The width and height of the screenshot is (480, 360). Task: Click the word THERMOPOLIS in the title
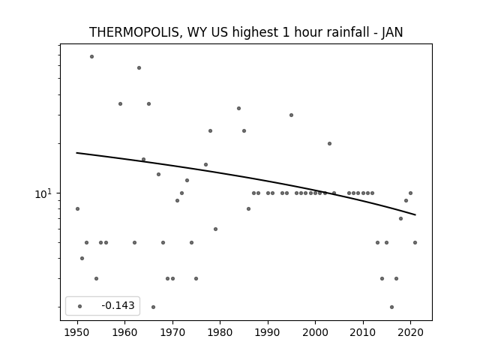134,32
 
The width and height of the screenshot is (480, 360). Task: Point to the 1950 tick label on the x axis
77,332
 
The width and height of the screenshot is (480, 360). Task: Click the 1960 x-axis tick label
125,332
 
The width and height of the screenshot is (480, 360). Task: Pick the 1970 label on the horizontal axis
172,332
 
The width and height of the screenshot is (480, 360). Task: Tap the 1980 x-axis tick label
220,332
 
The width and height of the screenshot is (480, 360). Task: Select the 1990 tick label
268,332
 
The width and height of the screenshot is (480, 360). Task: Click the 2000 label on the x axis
316,332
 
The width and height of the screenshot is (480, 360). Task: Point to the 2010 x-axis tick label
363,332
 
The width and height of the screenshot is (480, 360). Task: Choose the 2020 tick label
411,332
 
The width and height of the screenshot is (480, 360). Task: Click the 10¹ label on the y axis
43,193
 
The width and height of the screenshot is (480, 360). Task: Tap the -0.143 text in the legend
118,305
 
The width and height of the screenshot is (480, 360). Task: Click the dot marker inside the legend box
80,306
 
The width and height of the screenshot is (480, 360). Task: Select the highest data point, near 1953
91,57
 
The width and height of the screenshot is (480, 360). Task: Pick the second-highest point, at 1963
139,68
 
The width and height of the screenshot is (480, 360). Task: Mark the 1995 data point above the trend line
292,115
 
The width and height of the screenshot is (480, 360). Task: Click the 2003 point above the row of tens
330,143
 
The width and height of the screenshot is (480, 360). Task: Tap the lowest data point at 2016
391,307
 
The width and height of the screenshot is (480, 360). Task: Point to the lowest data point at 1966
153,307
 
